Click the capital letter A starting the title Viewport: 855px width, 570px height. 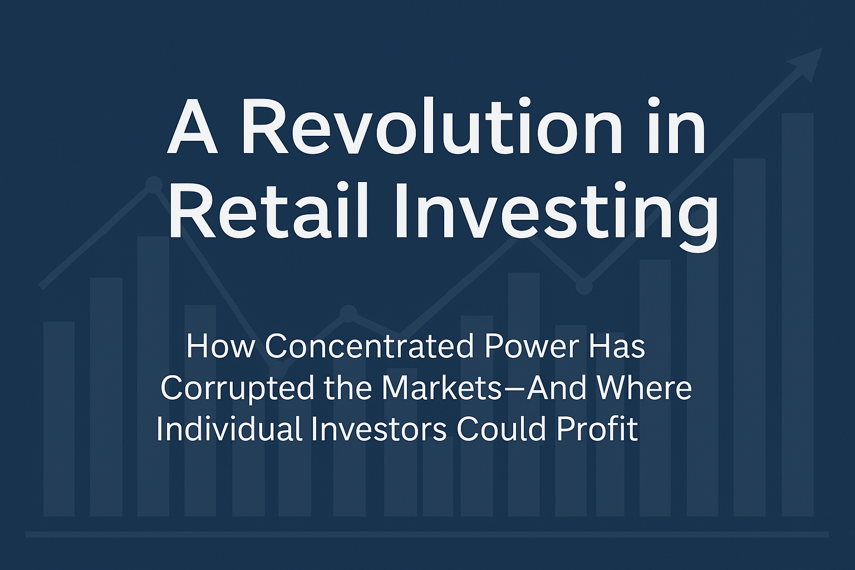pos(192,126)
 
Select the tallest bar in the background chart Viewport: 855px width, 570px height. pos(798,315)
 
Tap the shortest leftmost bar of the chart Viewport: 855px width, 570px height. pos(59,419)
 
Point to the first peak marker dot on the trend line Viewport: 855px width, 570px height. pos(154,184)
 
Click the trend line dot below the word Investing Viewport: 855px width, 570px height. pos(583,286)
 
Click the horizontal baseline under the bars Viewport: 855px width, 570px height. pos(427,534)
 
